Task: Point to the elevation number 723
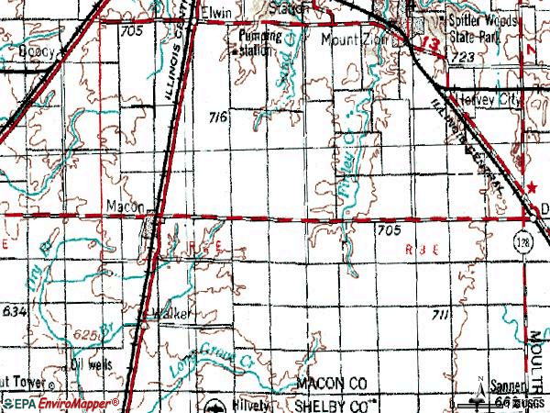(x=462, y=57)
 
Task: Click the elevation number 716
(x=218, y=117)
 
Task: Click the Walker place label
(x=173, y=314)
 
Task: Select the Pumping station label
(x=256, y=44)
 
